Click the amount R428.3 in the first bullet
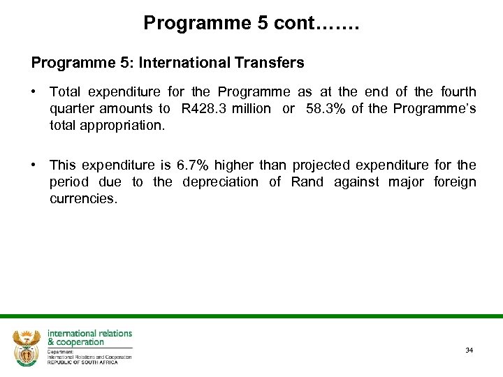point(201,108)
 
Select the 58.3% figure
point(325,108)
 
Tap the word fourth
point(458,91)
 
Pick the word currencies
point(83,199)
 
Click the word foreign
point(455,182)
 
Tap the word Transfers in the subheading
point(273,63)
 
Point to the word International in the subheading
point(184,63)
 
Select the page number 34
point(469,350)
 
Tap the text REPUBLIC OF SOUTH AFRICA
point(82,362)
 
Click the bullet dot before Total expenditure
point(34,91)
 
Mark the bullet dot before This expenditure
point(34,165)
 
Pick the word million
point(253,108)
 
